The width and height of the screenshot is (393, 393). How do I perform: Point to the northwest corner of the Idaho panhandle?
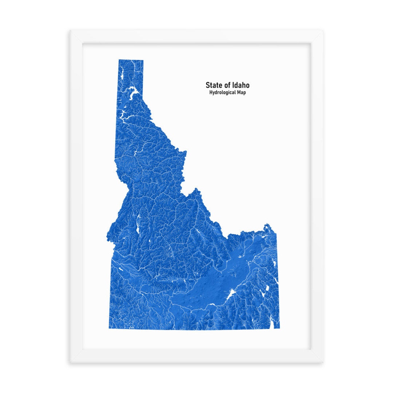(119, 60)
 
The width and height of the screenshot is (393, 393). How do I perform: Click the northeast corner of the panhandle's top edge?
(143, 60)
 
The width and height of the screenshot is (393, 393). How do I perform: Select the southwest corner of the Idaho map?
(108, 329)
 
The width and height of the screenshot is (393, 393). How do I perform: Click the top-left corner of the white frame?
(70, 30)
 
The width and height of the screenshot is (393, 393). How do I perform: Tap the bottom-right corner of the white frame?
(323, 363)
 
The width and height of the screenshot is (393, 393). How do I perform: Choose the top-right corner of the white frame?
(323, 30)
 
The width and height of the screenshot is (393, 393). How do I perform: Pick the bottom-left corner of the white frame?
(70, 363)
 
